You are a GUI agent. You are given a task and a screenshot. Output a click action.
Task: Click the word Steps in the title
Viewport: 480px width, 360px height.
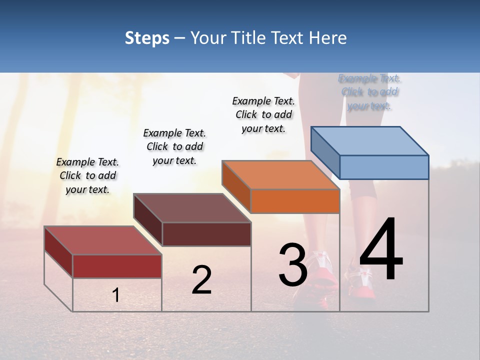click(x=147, y=38)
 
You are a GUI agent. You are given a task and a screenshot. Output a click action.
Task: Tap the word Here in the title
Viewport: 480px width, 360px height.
click(x=325, y=38)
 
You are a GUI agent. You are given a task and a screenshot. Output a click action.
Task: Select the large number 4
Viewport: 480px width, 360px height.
click(x=381, y=249)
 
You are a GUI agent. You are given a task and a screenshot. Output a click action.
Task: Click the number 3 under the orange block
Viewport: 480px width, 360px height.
click(x=292, y=264)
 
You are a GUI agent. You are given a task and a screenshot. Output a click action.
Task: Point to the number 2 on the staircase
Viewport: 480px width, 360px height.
click(x=201, y=280)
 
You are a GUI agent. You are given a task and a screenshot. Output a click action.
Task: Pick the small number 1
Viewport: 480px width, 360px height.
click(x=116, y=295)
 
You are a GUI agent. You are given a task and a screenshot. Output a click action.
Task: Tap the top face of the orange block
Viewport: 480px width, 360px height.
click(x=280, y=174)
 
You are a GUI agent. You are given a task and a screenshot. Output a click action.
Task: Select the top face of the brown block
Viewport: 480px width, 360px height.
click(x=192, y=207)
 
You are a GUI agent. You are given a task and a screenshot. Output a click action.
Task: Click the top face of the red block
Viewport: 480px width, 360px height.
click(x=103, y=240)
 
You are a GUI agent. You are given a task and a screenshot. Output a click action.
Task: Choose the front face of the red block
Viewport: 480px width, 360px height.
click(x=117, y=266)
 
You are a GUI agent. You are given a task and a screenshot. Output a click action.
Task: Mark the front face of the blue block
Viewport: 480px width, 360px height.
click(x=384, y=167)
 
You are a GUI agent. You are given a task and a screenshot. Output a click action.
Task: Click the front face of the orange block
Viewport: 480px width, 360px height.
click(x=295, y=201)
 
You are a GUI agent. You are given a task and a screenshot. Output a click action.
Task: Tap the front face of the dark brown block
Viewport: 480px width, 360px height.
click(x=206, y=234)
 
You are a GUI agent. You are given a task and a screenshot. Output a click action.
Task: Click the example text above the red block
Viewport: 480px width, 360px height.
click(x=87, y=175)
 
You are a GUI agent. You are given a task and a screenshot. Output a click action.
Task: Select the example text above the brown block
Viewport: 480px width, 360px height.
click(x=174, y=146)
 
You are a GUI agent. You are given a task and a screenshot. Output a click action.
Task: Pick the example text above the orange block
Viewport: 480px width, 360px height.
click(x=263, y=114)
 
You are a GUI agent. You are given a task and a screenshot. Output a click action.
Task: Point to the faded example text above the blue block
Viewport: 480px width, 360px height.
click(x=369, y=92)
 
